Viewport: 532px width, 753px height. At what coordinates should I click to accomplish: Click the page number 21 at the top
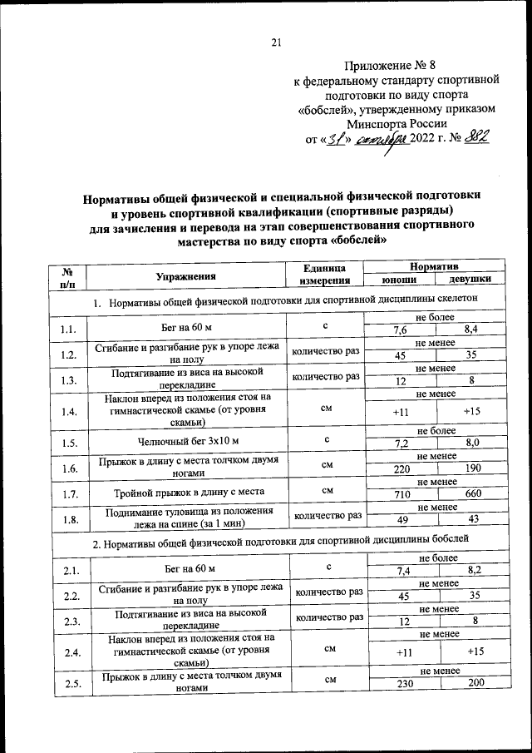(278, 43)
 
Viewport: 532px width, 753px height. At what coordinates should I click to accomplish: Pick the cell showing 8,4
(471, 331)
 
